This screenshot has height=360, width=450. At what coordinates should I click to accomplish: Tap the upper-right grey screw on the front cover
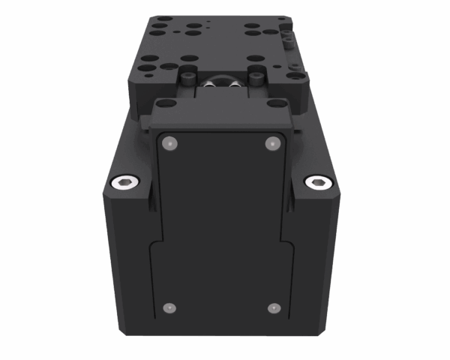271,142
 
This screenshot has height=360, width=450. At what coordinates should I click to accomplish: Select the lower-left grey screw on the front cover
169,307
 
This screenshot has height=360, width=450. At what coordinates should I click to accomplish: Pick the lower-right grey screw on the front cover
274,307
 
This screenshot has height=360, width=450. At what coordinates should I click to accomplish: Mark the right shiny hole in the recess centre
235,87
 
